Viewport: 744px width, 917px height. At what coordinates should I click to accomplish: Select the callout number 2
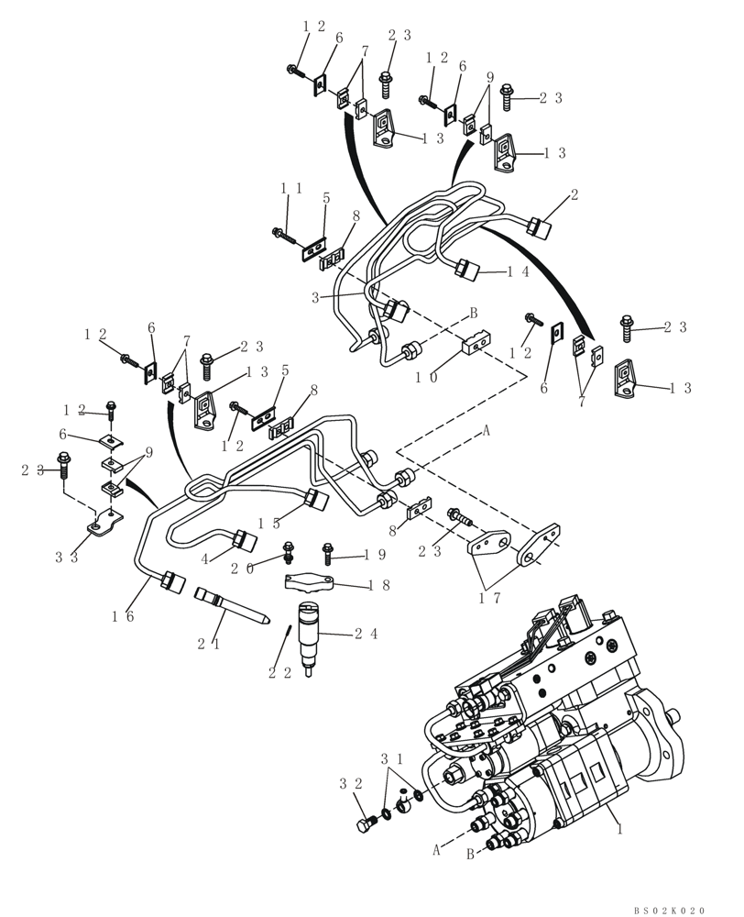click(x=574, y=194)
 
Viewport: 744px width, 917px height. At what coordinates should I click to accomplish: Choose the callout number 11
click(x=290, y=188)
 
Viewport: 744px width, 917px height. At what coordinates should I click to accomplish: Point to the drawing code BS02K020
click(x=669, y=910)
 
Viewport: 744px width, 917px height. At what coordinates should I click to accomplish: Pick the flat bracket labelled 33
click(x=106, y=529)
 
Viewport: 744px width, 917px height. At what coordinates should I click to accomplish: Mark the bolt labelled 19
click(x=327, y=553)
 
